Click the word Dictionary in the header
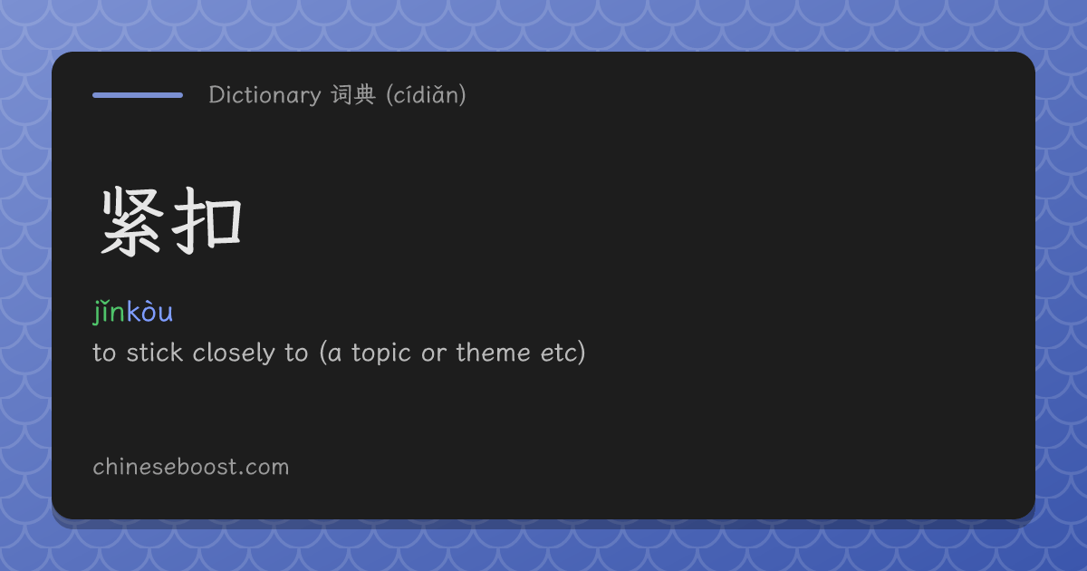pyautogui.click(x=265, y=95)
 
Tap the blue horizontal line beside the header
pyautogui.click(x=138, y=95)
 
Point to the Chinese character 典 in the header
pyautogui.click(x=365, y=94)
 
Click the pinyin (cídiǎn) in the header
pyautogui.click(x=426, y=95)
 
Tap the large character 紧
pyautogui.click(x=132, y=221)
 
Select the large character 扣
pyautogui.click(x=207, y=221)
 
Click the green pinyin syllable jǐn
pyautogui.click(x=110, y=312)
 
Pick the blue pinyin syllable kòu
pyautogui.click(x=149, y=312)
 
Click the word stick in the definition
pyautogui.click(x=154, y=352)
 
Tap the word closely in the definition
pyautogui.click(x=234, y=353)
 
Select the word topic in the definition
pyautogui.click(x=381, y=353)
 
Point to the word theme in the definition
pyautogui.click(x=493, y=352)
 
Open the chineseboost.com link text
pyautogui.click(x=191, y=467)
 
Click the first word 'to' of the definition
pyautogui.click(x=104, y=353)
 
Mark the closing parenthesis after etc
pyautogui.click(x=582, y=353)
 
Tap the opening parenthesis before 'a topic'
pyautogui.click(x=323, y=353)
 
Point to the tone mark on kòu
pyautogui.click(x=148, y=303)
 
